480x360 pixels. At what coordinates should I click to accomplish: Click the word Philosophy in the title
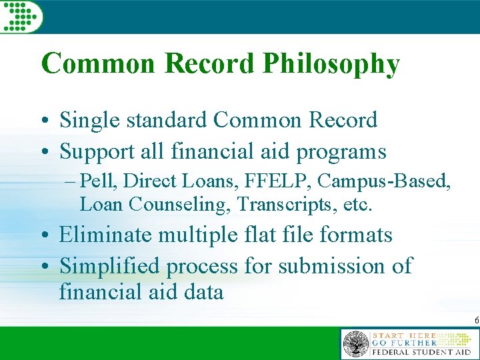pyautogui.click(x=331, y=65)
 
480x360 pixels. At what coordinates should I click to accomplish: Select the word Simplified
pyautogui.click(x=110, y=266)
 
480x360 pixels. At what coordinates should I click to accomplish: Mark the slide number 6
pyautogui.click(x=476, y=321)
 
